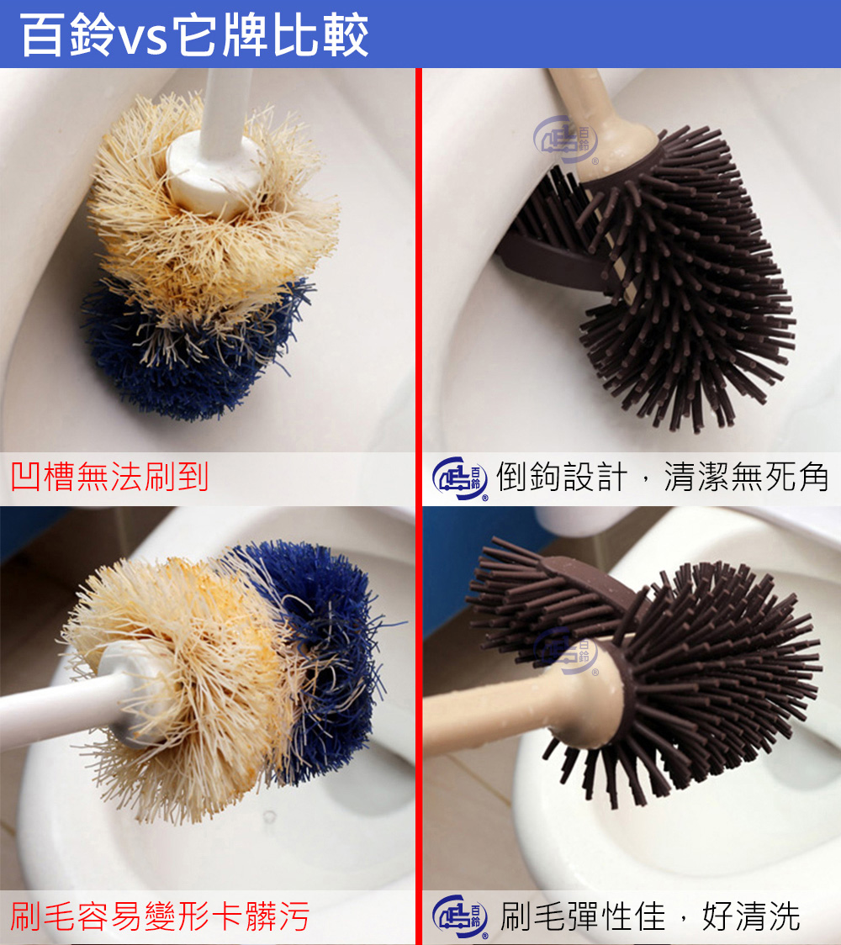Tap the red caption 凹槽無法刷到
point(109,477)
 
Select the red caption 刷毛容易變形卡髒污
point(160,916)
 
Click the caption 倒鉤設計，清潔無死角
point(662,477)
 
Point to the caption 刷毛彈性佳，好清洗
point(649,916)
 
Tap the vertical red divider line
point(417,504)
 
